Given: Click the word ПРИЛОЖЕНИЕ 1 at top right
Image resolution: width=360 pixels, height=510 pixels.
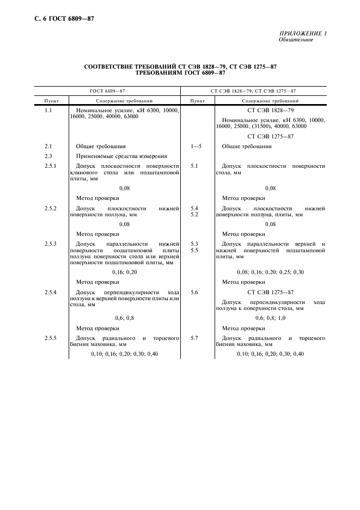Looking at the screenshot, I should (303, 34).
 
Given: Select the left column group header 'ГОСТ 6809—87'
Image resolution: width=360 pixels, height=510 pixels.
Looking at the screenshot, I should (107, 92).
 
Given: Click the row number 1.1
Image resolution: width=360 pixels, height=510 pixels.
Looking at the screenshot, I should (48, 111).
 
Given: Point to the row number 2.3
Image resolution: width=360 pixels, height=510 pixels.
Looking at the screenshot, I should (48, 156).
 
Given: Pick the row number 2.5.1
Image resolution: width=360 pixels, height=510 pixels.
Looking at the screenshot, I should (50, 166).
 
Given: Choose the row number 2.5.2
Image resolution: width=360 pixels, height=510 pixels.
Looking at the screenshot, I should (50, 208).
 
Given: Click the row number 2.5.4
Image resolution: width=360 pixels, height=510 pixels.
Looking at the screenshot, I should (50, 293).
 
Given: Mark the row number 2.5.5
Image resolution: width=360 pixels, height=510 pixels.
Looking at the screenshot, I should (50, 338).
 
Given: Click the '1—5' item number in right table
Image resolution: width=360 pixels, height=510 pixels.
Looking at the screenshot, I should (196, 146).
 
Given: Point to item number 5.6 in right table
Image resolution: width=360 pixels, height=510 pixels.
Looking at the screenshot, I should (194, 293).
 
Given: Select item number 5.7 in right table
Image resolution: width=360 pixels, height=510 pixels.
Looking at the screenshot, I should (194, 338).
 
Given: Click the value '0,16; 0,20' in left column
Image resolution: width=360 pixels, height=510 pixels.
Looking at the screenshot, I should (124, 271).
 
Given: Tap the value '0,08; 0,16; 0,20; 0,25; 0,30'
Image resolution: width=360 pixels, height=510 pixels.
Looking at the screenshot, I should (270, 271).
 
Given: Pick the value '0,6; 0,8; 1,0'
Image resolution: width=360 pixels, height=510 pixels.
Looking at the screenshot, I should (270, 317).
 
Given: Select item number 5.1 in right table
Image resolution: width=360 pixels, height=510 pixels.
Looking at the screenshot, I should (194, 166).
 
